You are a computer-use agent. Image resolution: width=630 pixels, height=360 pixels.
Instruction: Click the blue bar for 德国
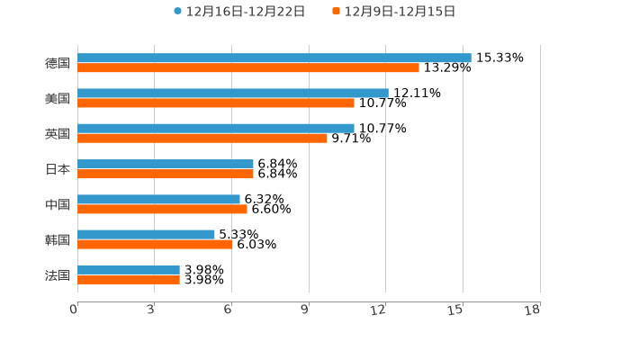coord(274,58)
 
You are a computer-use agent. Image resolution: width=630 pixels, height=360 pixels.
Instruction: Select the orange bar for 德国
coord(248,67)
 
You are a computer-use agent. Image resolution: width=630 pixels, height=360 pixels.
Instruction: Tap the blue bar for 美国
coord(233,93)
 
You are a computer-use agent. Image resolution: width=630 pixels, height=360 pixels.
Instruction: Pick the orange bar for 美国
coord(216,103)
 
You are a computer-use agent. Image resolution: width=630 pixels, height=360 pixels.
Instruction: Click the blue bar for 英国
coord(216,128)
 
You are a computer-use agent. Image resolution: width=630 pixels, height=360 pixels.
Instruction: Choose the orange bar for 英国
coord(202,138)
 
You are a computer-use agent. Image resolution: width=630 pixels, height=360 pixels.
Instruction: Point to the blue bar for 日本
coord(166,164)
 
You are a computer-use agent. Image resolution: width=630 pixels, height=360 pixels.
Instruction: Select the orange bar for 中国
coord(162,209)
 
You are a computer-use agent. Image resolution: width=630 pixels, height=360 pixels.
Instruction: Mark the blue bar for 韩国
coord(146,234)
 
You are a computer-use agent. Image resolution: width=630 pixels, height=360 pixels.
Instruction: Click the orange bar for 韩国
coord(155,244)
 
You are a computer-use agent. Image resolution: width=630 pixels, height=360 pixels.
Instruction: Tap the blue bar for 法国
coord(129,269)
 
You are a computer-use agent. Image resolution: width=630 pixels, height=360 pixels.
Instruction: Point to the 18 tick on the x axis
coord(533,310)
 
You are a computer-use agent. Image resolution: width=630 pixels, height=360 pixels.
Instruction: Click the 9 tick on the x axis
coord(306,310)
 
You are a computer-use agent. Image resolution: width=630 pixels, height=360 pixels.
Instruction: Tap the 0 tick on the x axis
coord(75,310)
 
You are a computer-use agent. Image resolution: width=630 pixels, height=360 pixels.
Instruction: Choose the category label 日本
coord(58,169)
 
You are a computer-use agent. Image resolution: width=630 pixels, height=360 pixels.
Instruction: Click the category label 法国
coord(58,274)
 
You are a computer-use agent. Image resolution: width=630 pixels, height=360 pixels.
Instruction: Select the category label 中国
coord(58,204)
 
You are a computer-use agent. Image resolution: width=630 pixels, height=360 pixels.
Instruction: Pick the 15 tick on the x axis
coord(456,310)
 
